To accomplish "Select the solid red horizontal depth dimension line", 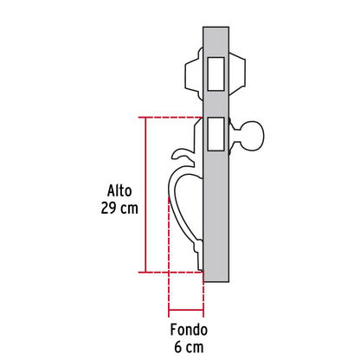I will [x=186, y=309].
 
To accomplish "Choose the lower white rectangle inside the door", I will [x=215, y=133].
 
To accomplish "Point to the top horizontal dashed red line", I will [x=169, y=117].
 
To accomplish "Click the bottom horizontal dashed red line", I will [x=169, y=272].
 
